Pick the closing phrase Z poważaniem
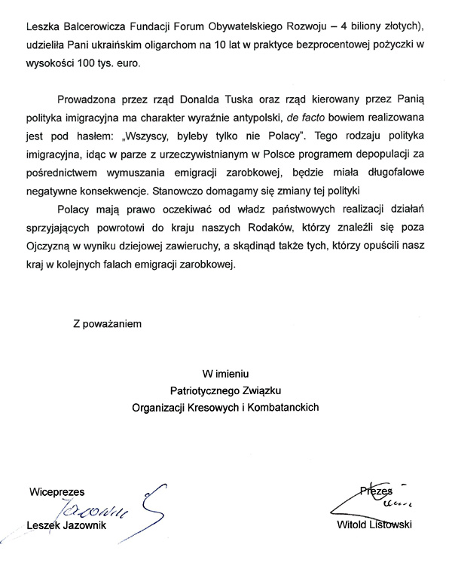click(108, 325)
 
